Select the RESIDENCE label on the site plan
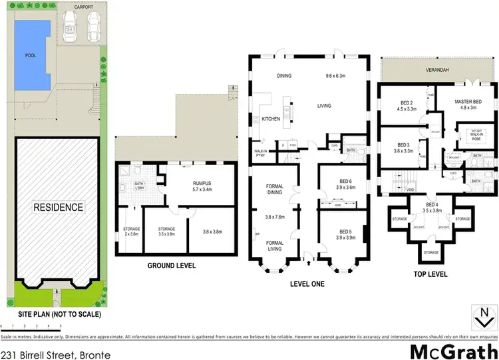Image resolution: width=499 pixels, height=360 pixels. click(x=60, y=207)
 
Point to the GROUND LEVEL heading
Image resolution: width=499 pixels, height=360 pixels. click(x=171, y=265)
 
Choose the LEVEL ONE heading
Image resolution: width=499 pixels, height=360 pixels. click(x=306, y=283)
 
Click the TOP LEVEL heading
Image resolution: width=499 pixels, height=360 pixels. click(x=430, y=273)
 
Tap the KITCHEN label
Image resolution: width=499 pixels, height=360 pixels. click(x=271, y=119)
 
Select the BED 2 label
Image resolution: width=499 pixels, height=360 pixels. click(x=397, y=104)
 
